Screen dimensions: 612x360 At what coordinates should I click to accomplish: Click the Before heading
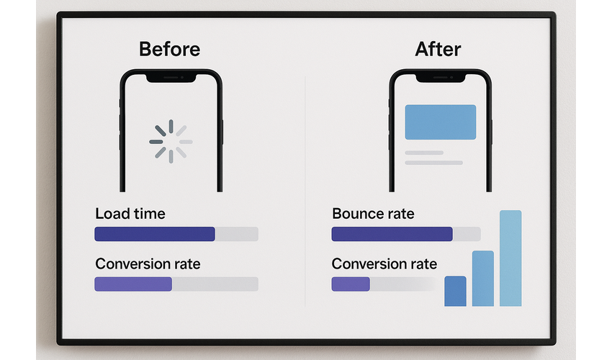click(x=169, y=49)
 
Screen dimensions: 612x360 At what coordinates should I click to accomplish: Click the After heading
click(x=438, y=49)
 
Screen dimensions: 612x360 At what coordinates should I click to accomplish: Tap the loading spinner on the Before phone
click(x=171, y=141)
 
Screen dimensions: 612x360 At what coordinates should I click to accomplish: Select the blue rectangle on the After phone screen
click(x=440, y=122)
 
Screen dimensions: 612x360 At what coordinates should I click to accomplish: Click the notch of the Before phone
click(x=171, y=78)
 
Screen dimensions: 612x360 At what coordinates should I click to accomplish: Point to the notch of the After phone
click(x=440, y=78)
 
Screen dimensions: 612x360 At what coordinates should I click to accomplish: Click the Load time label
click(x=130, y=214)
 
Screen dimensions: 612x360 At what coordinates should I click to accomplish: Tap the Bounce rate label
click(x=373, y=214)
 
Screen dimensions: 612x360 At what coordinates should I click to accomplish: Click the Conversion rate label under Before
click(x=148, y=264)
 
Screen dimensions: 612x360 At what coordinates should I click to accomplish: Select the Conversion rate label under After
click(x=384, y=264)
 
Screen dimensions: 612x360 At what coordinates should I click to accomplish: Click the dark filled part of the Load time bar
click(x=155, y=234)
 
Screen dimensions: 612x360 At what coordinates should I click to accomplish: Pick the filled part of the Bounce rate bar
click(x=392, y=234)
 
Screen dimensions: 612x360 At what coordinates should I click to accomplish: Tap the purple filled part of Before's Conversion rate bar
click(x=133, y=284)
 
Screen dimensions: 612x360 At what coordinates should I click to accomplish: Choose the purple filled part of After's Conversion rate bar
click(x=351, y=284)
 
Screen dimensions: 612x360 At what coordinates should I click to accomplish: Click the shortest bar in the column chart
click(x=455, y=292)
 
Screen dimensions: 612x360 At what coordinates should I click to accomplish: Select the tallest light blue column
click(x=510, y=258)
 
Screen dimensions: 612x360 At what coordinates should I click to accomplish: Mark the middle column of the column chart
click(x=483, y=279)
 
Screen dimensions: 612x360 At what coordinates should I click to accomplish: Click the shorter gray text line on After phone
click(x=424, y=153)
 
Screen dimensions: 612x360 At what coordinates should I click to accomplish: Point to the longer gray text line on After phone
click(x=433, y=163)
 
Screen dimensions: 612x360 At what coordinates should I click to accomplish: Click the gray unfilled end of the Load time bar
click(x=237, y=234)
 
